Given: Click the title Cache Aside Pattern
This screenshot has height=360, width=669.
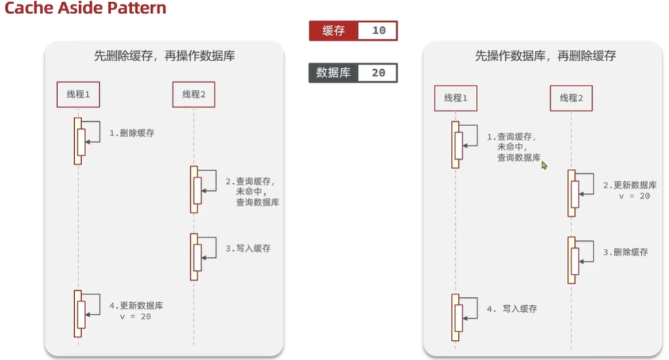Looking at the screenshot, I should tap(85, 9).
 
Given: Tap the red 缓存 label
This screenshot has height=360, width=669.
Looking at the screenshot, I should tap(333, 31).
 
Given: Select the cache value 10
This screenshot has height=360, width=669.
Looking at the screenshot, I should tap(378, 31).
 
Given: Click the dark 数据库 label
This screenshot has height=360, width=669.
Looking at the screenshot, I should tap(333, 73).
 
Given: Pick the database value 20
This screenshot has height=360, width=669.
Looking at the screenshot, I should tap(378, 73).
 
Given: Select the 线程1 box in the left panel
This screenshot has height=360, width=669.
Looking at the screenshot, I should tap(78, 94).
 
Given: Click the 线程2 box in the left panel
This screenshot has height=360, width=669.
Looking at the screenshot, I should tap(193, 94).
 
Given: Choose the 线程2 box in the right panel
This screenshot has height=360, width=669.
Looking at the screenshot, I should tap(571, 98).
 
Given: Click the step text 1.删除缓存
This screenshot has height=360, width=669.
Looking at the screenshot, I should tap(131, 133).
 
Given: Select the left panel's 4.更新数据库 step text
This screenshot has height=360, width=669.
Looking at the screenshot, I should tap(136, 306).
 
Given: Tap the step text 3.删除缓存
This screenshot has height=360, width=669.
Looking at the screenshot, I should tap(626, 252).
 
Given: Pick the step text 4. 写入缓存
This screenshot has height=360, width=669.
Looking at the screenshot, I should tap(511, 309).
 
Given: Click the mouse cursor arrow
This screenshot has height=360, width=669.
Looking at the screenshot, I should tap(544, 165).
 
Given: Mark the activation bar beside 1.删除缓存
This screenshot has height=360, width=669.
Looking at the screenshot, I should tap(78, 140).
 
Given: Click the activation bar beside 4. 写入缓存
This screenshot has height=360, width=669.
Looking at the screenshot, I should tap(455, 317).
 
